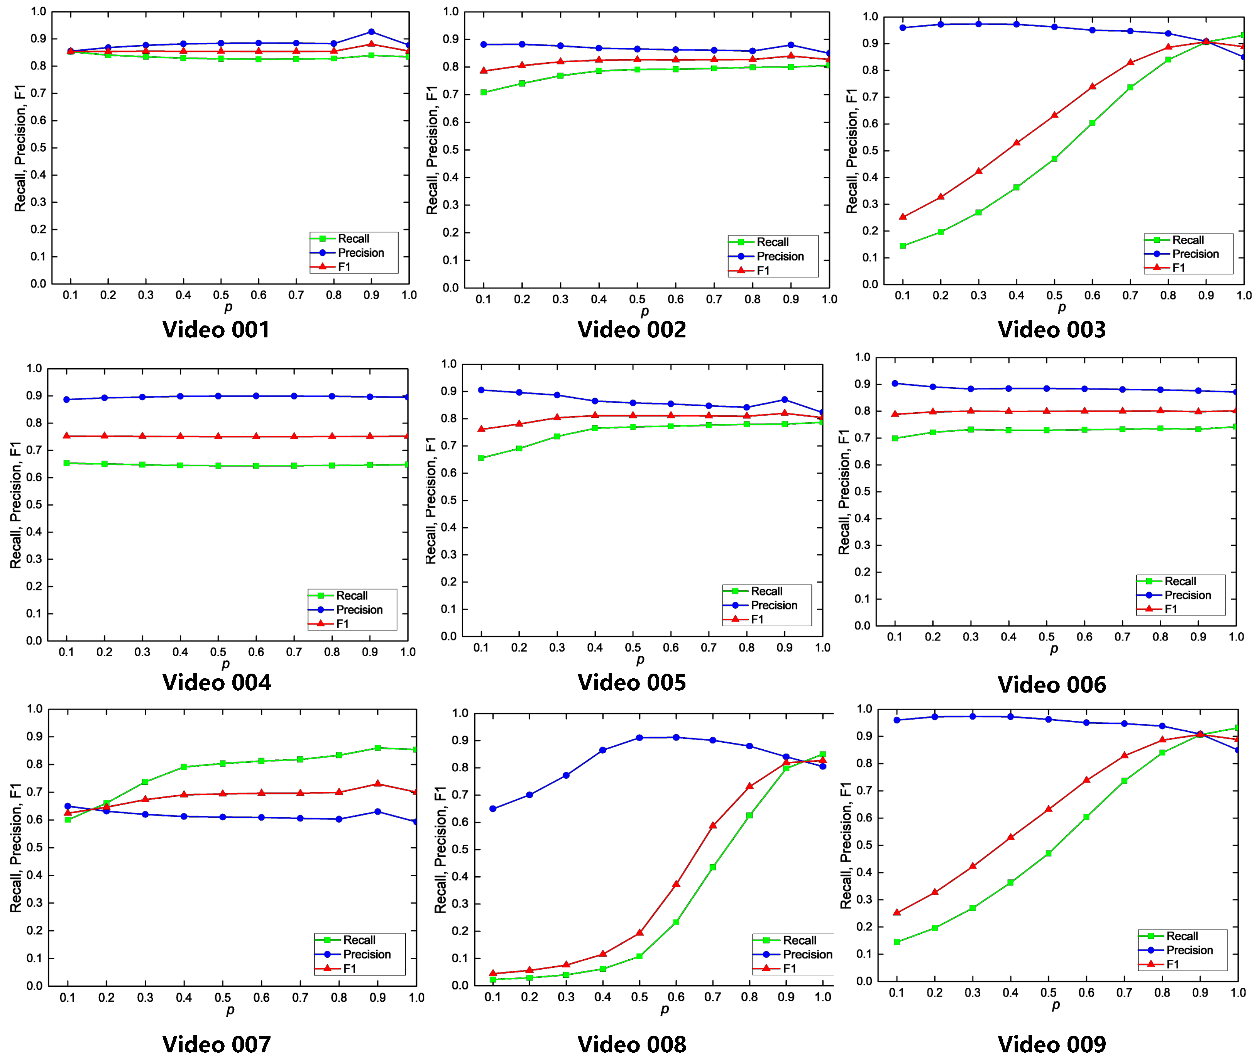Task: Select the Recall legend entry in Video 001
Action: (353, 239)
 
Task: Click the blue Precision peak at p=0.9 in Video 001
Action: (371, 32)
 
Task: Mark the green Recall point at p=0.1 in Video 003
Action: (903, 246)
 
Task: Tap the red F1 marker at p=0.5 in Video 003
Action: (1054, 115)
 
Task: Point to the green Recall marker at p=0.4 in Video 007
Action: (184, 767)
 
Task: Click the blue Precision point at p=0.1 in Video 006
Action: (895, 383)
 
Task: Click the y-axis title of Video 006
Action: (844, 492)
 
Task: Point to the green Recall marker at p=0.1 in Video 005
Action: (481, 458)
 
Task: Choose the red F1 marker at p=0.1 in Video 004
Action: (67, 436)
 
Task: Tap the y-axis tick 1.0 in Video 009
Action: (864, 709)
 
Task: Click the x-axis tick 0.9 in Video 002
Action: (791, 299)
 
